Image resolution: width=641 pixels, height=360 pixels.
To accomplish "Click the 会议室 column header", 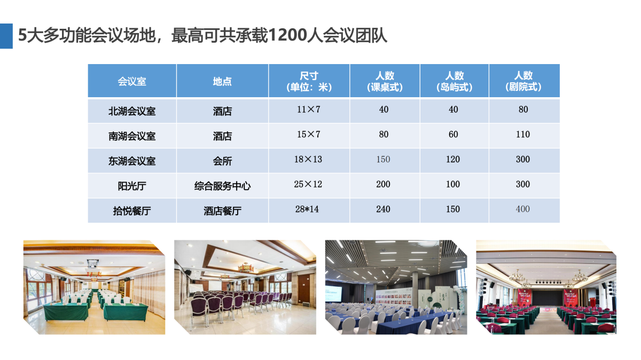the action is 132,82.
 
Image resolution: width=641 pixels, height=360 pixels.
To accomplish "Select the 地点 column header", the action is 222,82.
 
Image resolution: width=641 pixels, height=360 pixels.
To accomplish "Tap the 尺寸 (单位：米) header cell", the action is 309,81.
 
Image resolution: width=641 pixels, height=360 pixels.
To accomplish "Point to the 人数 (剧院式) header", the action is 523,81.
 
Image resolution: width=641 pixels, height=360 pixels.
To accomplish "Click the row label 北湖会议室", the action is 132,111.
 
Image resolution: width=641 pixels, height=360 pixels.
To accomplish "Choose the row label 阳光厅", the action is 132,186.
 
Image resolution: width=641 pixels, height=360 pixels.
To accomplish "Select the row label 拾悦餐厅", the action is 132,211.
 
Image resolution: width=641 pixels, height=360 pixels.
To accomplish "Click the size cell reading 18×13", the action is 308,159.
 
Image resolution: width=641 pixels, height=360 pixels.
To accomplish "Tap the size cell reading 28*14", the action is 307,209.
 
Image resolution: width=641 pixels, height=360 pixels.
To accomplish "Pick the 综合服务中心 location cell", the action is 222,186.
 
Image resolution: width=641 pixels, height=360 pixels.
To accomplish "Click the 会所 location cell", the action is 222,161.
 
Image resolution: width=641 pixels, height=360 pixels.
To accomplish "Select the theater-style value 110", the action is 523,134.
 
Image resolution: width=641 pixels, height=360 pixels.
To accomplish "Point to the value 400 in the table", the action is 523,209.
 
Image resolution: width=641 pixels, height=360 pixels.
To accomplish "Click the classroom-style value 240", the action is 383,209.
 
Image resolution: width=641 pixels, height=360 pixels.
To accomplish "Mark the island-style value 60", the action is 454,134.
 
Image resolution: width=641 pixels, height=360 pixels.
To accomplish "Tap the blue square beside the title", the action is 6,36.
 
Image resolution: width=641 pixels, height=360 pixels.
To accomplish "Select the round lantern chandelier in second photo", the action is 245,268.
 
